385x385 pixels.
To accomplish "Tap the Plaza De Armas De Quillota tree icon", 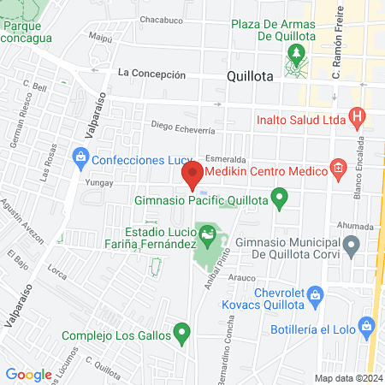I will [x=297, y=56].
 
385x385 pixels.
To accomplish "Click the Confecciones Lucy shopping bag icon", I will [x=80, y=157].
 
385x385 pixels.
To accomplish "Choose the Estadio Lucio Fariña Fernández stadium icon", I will [x=206, y=232].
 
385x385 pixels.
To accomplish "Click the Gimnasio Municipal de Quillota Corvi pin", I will [x=351, y=247].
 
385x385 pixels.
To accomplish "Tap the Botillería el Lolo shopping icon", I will [x=367, y=325].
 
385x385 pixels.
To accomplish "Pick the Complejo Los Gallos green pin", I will [x=181, y=332].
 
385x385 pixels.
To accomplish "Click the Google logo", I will [x=29, y=374].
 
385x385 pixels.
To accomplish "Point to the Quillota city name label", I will [x=251, y=75].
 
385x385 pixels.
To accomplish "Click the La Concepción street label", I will [x=152, y=74].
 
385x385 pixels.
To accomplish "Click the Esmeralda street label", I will [x=226, y=159].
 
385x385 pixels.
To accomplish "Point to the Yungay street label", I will [x=100, y=182].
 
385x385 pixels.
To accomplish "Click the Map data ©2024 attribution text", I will [x=347, y=378].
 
